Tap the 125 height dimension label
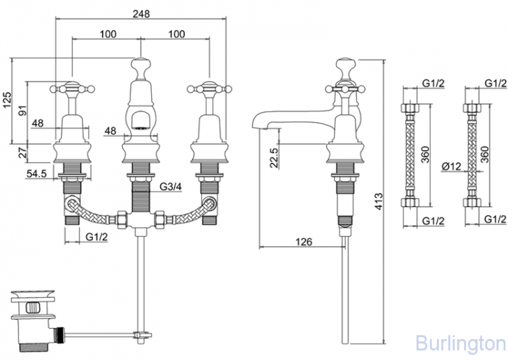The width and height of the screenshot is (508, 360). click(6, 100)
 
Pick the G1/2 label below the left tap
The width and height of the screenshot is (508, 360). click(99, 236)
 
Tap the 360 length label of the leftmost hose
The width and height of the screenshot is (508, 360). click(425, 157)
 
